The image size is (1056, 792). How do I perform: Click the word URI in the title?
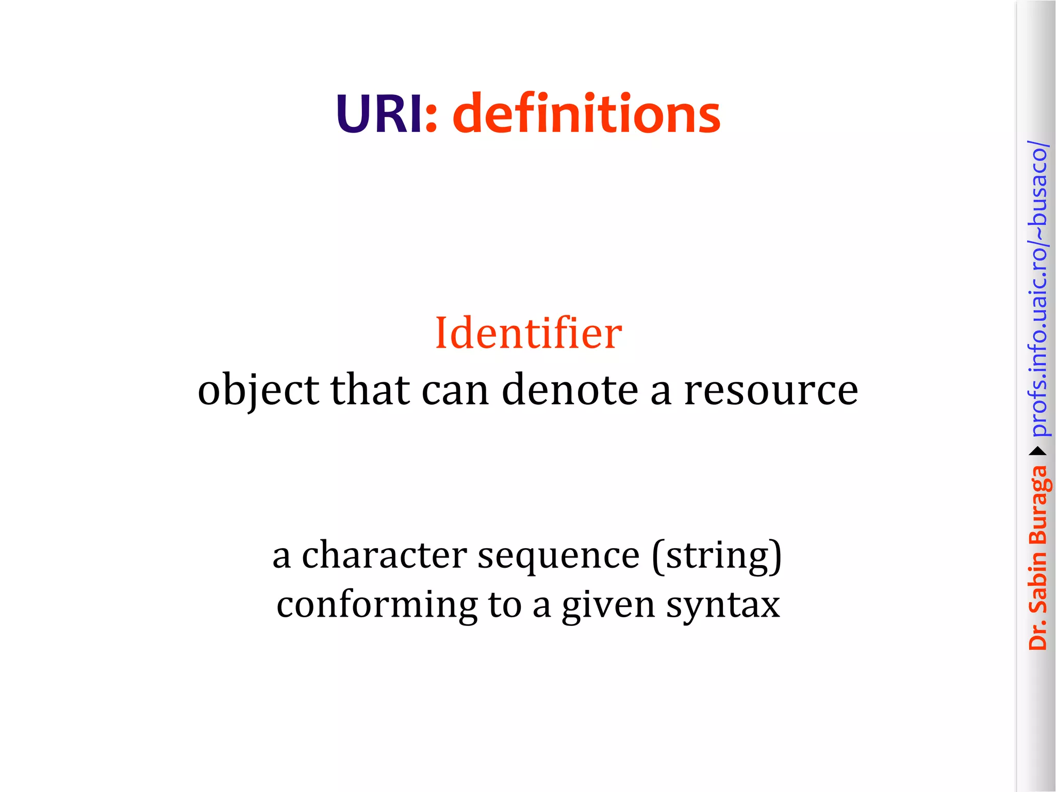click(379, 114)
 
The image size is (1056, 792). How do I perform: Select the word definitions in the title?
click(586, 114)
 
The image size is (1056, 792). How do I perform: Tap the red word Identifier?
click(529, 333)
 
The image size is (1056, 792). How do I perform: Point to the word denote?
click(570, 390)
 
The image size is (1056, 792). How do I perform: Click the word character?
click(384, 555)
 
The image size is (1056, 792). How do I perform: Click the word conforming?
click(377, 605)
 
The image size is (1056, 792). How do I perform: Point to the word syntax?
click(723, 605)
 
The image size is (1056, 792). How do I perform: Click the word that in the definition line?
click(370, 390)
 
